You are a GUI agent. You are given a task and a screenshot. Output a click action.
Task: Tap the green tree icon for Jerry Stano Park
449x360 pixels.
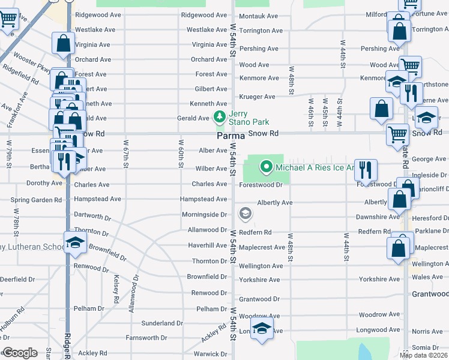tap(220, 116)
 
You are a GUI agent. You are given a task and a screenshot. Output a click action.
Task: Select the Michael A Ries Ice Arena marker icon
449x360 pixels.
tap(265, 167)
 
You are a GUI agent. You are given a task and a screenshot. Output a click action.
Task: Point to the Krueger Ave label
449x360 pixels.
tap(257, 97)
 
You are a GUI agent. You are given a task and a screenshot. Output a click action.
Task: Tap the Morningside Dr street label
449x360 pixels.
tap(204, 214)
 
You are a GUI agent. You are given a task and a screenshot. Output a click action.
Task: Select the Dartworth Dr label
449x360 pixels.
tap(92, 214)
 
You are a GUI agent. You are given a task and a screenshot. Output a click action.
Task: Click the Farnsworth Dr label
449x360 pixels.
tap(146, 338)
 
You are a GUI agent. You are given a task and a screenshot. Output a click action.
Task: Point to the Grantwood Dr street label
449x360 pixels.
tap(259, 299)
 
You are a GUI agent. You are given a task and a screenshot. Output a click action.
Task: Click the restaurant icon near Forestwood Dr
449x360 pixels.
tap(365, 170)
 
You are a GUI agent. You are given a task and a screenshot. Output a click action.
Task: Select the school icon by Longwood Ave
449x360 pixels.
tap(262, 328)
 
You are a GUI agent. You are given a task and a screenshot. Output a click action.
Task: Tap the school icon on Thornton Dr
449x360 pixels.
tap(75, 242)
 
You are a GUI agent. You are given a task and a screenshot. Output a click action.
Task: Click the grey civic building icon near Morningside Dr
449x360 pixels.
tap(245, 213)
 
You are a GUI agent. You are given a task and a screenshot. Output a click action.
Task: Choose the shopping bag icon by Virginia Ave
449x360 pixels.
tap(63, 43)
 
